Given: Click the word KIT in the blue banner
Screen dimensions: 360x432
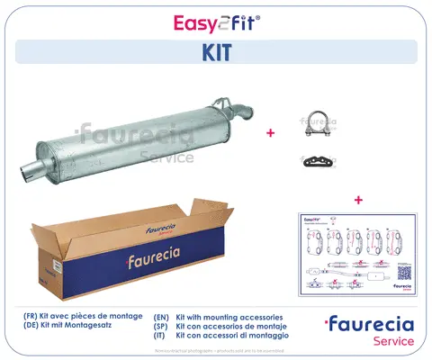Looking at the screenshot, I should pos(215,52).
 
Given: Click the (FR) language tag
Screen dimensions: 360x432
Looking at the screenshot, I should pos(32,318).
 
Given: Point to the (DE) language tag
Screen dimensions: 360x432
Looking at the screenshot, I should pos(32,328).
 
